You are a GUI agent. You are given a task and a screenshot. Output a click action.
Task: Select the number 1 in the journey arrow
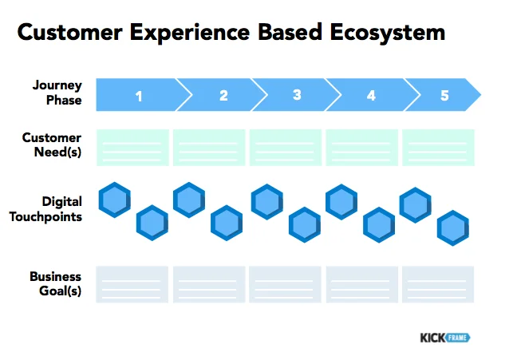(x=139, y=97)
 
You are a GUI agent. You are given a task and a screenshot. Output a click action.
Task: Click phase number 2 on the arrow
(x=223, y=96)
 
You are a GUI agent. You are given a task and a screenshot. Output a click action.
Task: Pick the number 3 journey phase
(x=297, y=96)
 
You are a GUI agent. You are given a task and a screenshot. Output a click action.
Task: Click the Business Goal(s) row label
(x=56, y=283)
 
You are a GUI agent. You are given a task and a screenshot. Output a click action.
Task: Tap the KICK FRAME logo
(x=444, y=338)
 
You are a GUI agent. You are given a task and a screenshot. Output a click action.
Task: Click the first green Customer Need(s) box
(x=132, y=148)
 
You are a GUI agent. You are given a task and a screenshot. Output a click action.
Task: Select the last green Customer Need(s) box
(x=438, y=148)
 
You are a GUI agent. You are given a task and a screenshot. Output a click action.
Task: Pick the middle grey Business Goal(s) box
(x=285, y=284)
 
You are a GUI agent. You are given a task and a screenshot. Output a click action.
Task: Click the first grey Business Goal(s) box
(x=132, y=284)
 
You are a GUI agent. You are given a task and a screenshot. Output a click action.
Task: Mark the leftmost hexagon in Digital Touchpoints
(x=115, y=200)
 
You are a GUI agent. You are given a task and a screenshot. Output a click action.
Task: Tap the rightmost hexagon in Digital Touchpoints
(x=452, y=228)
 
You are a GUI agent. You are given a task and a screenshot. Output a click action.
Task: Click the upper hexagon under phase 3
(x=267, y=201)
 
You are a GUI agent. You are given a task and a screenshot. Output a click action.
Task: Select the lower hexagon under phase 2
(x=227, y=223)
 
